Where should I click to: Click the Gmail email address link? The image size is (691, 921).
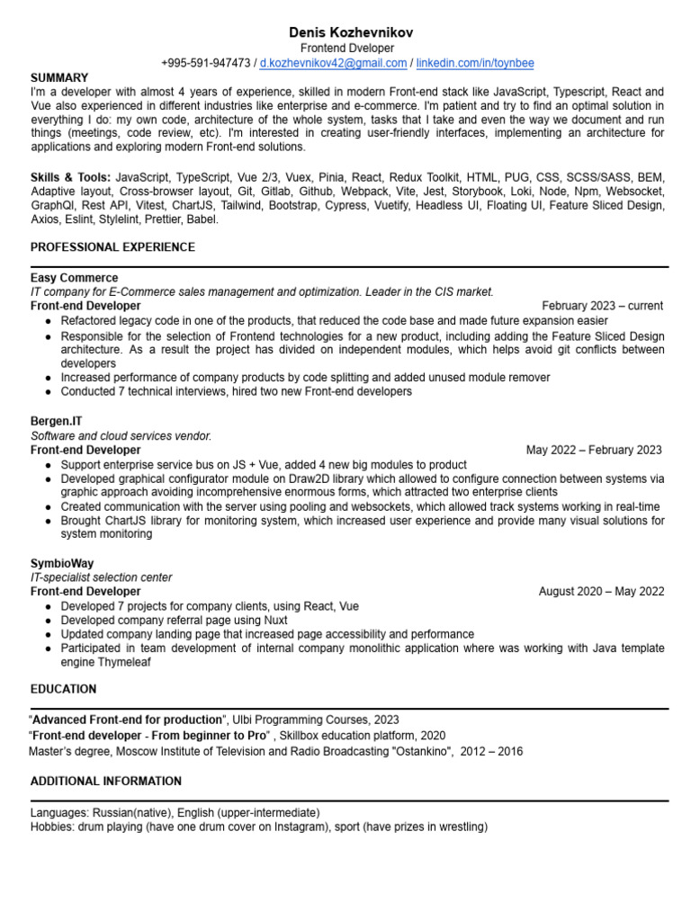(x=333, y=63)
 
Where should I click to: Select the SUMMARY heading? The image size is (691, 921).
(x=59, y=78)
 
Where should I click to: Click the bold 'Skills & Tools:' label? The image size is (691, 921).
(x=71, y=178)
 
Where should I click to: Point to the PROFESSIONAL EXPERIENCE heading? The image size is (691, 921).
(x=112, y=246)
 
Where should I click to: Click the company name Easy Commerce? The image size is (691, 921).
(x=74, y=278)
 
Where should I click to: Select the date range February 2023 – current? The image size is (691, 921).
(x=602, y=306)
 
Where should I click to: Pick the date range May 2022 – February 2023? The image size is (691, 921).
(x=594, y=450)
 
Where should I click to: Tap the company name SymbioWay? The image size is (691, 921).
(x=62, y=563)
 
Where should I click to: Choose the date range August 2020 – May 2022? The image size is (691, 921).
(x=601, y=591)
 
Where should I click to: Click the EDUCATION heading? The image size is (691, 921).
(x=63, y=689)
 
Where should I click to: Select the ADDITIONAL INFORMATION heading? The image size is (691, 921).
(x=106, y=781)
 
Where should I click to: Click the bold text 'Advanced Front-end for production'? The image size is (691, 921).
(x=127, y=720)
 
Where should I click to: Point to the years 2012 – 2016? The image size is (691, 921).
(x=491, y=751)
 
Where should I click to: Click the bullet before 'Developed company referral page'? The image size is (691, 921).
(x=47, y=620)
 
